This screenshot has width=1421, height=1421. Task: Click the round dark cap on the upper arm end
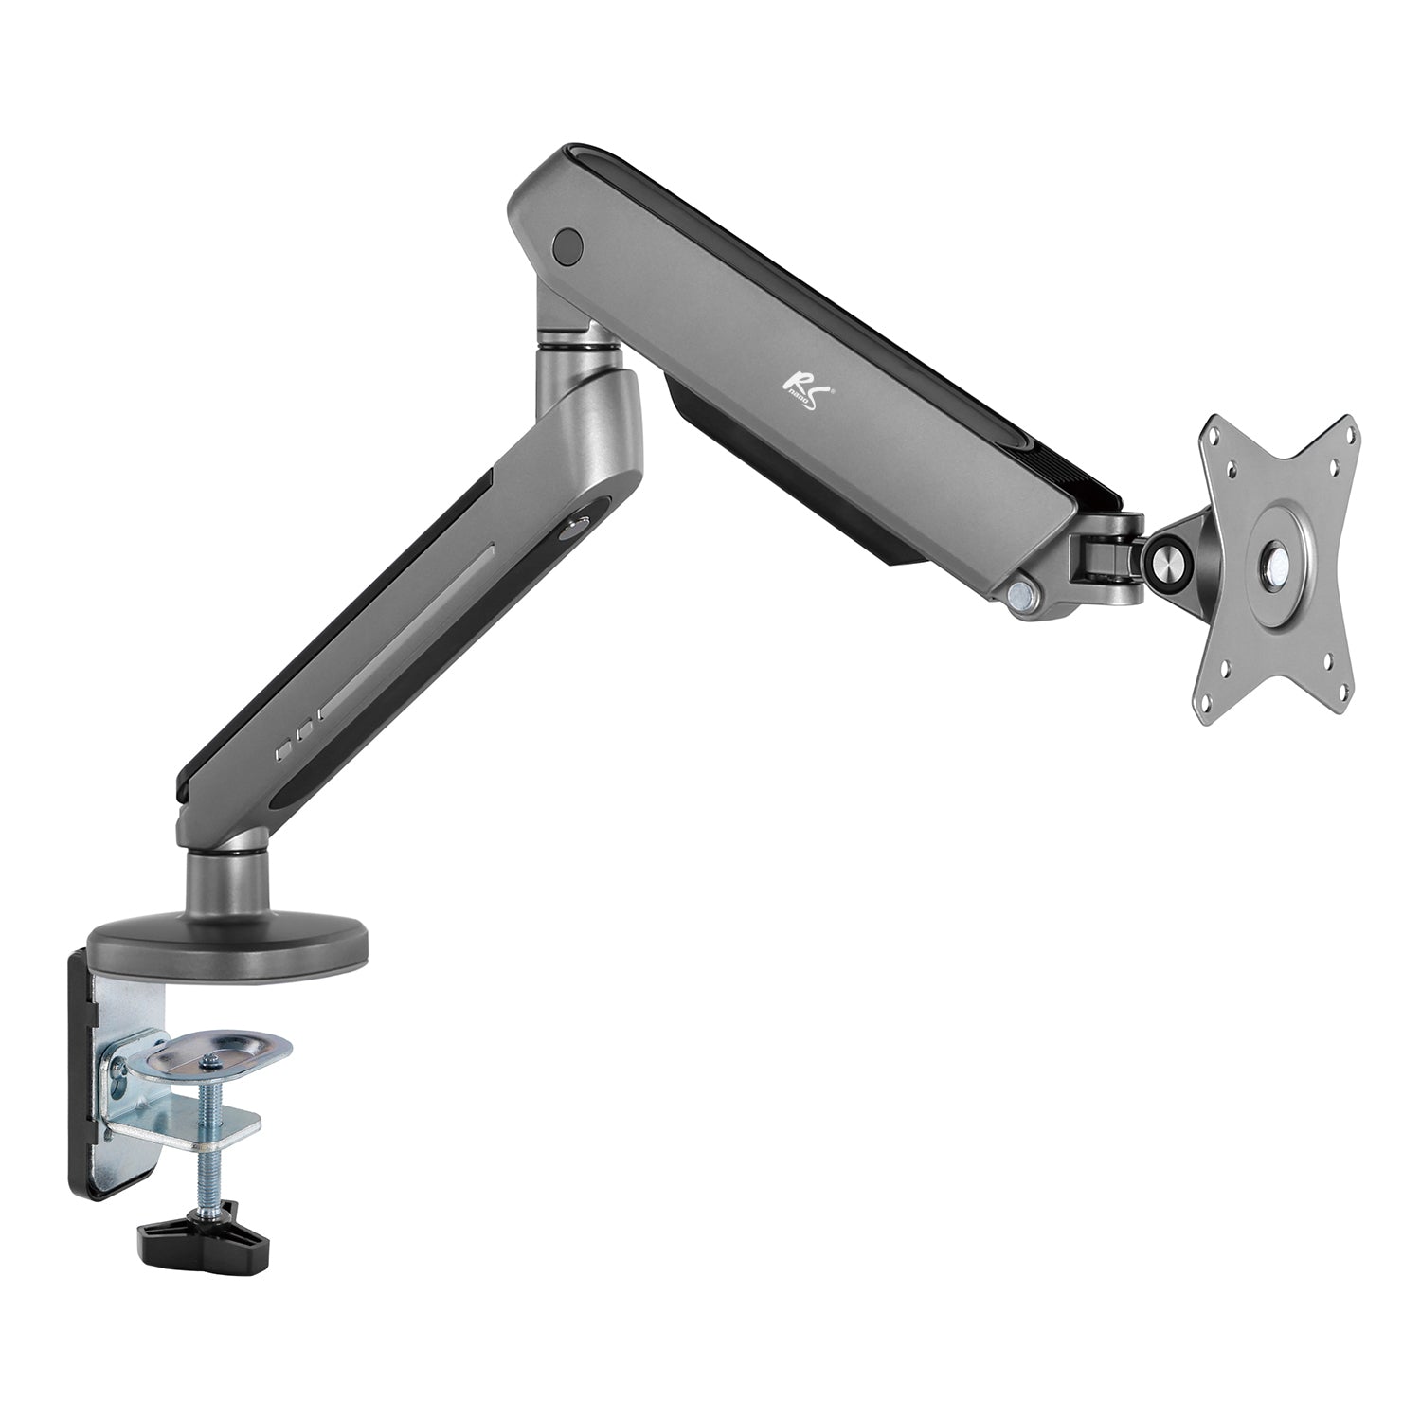tap(567, 245)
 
